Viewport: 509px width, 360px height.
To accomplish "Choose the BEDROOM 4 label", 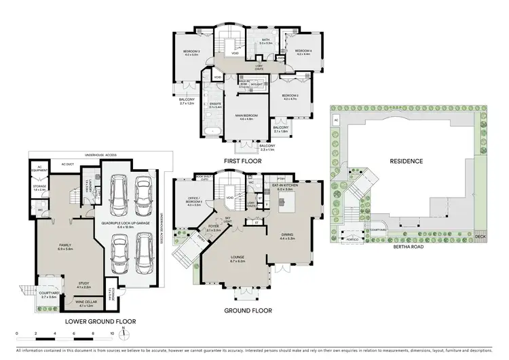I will [302, 52].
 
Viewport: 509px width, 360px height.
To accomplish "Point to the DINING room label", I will [290, 236].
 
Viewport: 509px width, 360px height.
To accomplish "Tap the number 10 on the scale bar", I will [111, 334].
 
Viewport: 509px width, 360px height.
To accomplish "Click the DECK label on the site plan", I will [480, 237].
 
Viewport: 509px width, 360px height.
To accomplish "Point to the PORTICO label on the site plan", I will [352, 239].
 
